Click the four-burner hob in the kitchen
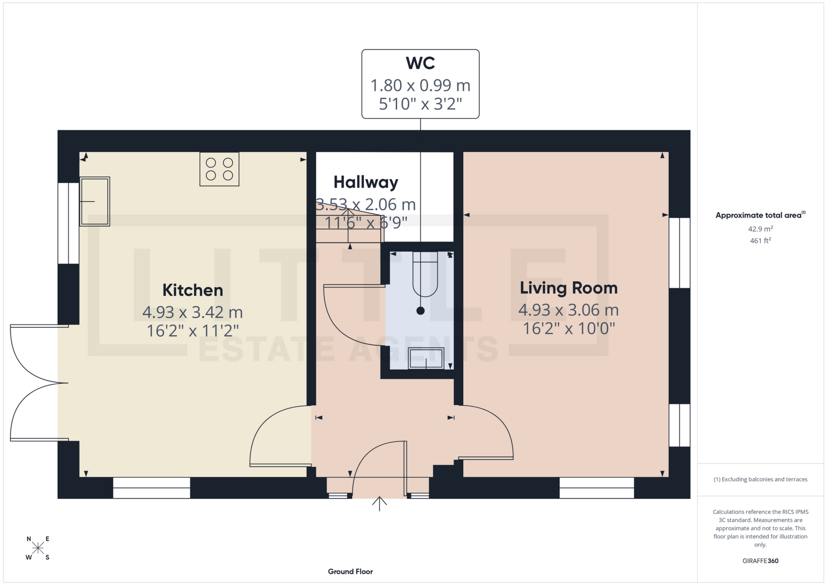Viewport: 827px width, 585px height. click(219, 169)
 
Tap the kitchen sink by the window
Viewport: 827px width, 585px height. click(95, 201)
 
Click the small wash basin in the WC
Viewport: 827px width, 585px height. click(426, 358)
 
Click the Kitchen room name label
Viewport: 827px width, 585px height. click(193, 290)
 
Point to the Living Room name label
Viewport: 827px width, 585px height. click(568, 288)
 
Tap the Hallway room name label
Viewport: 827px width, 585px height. click(366, 182)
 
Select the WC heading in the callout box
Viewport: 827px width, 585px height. click(420, 63)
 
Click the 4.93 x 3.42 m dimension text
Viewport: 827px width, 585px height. click(193, 312)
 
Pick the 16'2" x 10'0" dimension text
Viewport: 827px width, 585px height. click(568, 329)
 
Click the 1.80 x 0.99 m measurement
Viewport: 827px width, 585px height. click(420, 85)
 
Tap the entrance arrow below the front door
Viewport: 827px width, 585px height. click(379, 504)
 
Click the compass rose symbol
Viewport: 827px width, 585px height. click(38, 548)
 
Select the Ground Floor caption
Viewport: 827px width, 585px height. click(350, 572)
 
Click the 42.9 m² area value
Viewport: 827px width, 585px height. click(760, 229)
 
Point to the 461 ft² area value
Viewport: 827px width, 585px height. click(760, 241)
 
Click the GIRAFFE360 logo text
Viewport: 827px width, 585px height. click(760, 561)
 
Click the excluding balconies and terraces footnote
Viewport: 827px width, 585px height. click(760, 479)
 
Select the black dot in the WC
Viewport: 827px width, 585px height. click(420, 311)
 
